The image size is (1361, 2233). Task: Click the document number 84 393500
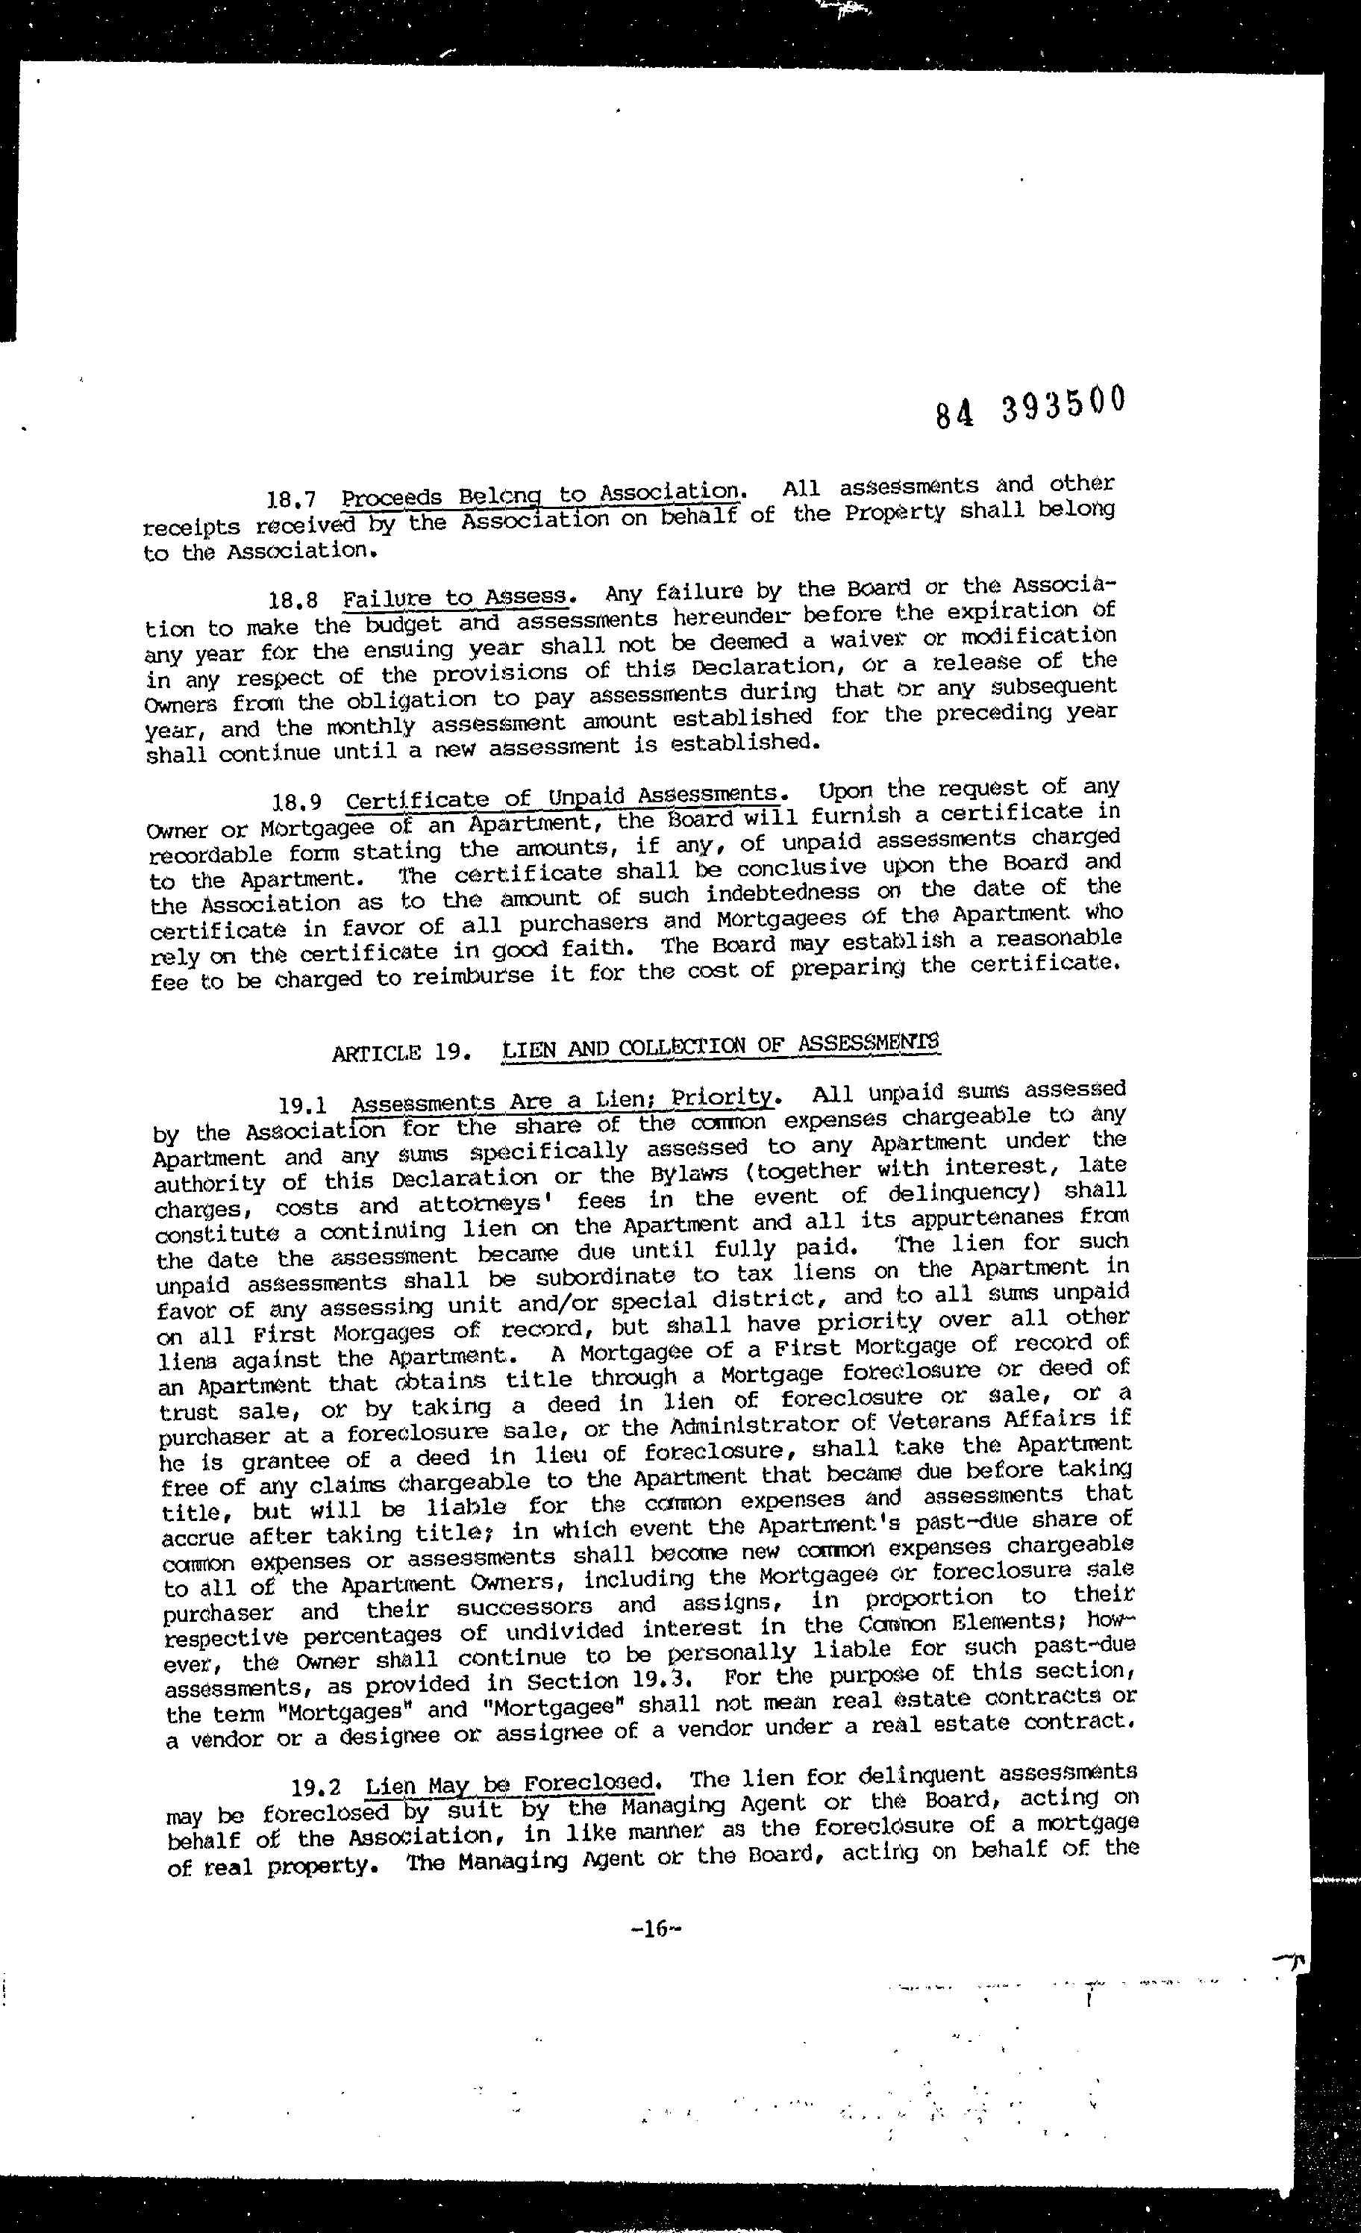pos(1030,406)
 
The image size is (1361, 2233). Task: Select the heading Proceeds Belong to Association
pos(542,495)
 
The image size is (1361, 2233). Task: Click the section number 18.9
pos(296,803)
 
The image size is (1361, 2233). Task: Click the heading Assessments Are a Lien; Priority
pos(563,1100)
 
